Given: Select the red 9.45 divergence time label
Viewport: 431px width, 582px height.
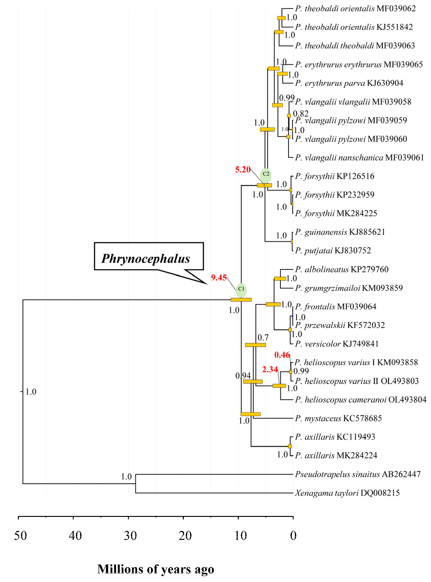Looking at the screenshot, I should [219, 277].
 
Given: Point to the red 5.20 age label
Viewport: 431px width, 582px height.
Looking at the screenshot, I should [243, 169].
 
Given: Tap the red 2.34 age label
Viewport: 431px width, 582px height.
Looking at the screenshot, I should [270, 369].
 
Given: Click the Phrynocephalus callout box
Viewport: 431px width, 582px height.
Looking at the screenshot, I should [149, 256].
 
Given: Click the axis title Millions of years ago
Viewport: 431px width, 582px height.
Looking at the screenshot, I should [156, 569].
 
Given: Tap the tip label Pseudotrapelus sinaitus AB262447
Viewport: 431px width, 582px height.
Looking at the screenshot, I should [358, 474].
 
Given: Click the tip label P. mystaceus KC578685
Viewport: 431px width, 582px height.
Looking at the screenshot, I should [338, 418].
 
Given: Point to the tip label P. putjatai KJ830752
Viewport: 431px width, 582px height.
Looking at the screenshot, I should [333, 251].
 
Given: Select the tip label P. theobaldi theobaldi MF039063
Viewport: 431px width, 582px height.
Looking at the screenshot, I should [355, 46].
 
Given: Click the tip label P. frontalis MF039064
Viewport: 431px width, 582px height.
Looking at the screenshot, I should [336, 306].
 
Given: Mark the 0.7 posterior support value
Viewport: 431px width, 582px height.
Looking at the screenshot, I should [263, 338].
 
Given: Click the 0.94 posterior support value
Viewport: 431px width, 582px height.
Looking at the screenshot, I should [243, 376].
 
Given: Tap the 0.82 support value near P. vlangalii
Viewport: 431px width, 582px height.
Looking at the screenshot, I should [301, 113].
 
